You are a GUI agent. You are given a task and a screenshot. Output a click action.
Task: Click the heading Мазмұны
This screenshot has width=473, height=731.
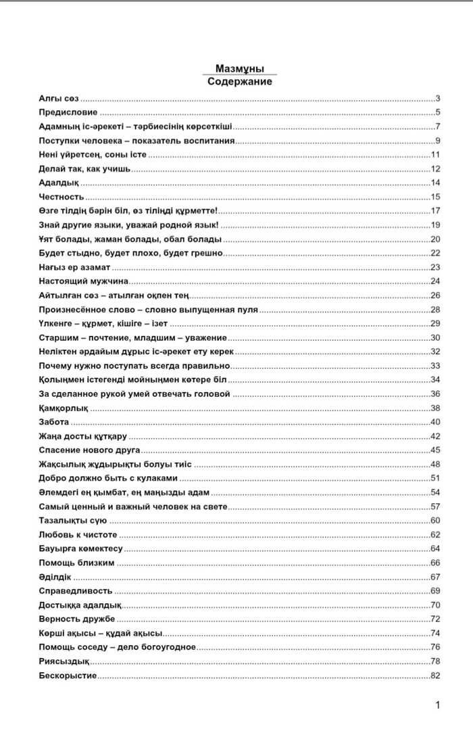click(x=239, y=69)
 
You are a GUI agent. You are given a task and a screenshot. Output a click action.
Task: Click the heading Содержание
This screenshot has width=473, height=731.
click(x=239, y=81)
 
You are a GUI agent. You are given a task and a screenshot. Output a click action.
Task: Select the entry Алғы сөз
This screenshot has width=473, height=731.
click(x=59, y=99)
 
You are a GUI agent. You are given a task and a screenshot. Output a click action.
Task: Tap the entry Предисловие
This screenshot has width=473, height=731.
click(x=68, y=113)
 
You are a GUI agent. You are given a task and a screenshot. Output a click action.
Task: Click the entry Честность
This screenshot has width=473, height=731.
click(x=61, y=197)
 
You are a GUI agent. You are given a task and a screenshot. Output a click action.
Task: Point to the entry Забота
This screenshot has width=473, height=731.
click(x=54, y=422)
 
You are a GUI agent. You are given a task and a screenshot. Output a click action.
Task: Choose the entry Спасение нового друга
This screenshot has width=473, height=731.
click(x=89, y=450)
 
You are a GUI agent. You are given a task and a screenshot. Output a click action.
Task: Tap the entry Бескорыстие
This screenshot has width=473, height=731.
click(x=68, y=675)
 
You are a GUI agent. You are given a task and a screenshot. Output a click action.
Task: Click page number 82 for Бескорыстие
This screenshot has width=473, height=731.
click(x=435, y=675)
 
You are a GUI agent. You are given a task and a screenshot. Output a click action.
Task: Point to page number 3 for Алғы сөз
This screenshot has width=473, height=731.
click(x=438, y=99)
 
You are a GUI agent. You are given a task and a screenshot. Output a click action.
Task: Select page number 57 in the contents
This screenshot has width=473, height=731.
click(x=435, y=506)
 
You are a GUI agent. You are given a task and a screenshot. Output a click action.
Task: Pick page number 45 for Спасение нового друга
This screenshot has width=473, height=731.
click(x=435, y=450)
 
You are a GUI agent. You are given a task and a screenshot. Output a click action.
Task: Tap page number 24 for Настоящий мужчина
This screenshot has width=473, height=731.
click(x=435, y=281)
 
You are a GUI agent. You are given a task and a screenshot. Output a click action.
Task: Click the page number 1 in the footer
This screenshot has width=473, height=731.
click(x=438, y=705)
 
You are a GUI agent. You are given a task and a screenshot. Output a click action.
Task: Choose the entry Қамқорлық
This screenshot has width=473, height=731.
click(x=64, y=408)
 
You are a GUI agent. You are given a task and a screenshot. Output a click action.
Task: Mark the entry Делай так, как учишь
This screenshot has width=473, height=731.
click(x=84, y=169)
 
